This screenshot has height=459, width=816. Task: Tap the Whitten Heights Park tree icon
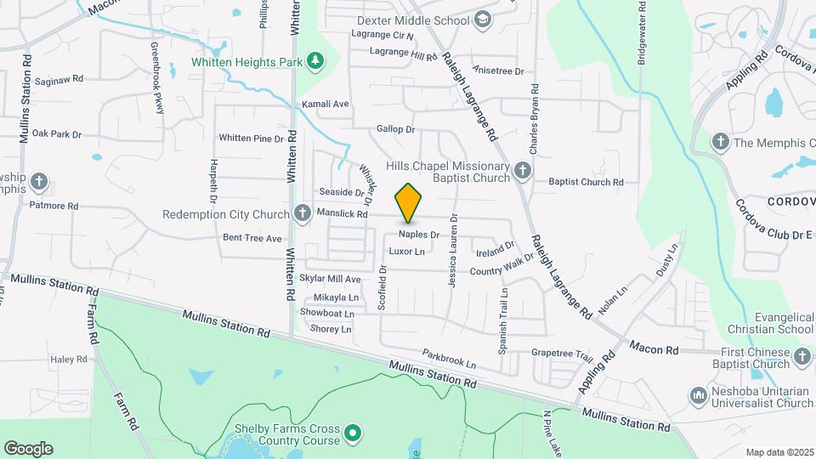[x=316, y=60]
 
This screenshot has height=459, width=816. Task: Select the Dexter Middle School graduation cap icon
[x=483, y=20]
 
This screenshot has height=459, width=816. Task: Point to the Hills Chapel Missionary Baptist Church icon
[x=523, y=173]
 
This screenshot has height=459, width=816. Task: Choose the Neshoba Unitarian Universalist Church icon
[x=699, y=395]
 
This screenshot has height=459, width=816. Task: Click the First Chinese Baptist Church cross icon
[x=803, y=357]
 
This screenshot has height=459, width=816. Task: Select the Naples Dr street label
[x=419, y=234]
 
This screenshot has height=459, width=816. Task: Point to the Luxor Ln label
[x=406, y=252]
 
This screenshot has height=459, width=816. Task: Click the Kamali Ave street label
[x=326, y=104]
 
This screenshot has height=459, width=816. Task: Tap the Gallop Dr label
[x=396, y=130]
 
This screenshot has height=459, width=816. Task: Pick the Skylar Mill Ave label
[x=331, y=279]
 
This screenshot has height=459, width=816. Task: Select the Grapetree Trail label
[x=562, y=354]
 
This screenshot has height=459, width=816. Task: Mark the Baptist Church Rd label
[x=586, y=182]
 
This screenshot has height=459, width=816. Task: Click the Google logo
[x=28, y=448]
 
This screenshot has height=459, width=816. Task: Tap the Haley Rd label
[x=69, y=360]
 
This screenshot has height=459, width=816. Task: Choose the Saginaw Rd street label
[x=59, y=79]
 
